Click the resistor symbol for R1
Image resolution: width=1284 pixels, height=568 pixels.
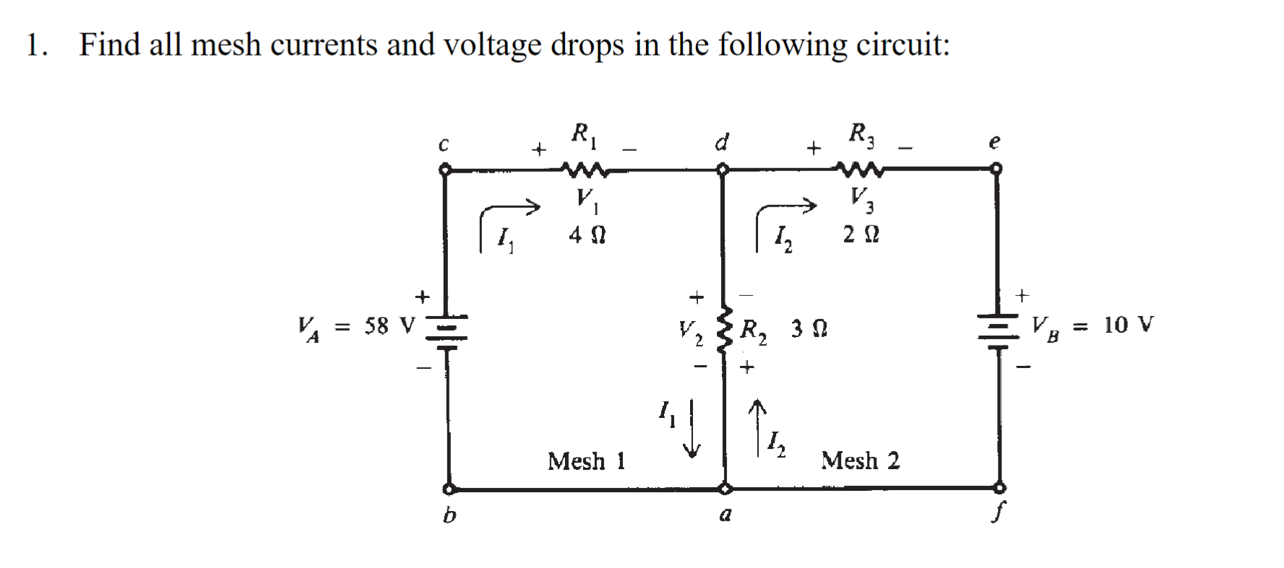[586, 171]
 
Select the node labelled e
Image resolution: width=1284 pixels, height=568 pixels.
[998, 169]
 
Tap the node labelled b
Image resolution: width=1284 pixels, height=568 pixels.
[449, 489]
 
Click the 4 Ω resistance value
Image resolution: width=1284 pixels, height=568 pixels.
[587, 235]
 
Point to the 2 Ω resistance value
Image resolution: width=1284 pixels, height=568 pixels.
[861, 235]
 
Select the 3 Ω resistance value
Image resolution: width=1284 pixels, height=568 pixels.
[809, 329]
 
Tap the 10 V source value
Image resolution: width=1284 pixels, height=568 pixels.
[1129, 325]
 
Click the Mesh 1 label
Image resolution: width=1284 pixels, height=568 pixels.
[586, 460]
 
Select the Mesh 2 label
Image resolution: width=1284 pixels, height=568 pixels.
[860, 460]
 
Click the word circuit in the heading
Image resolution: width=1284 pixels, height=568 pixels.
[902, 45]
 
